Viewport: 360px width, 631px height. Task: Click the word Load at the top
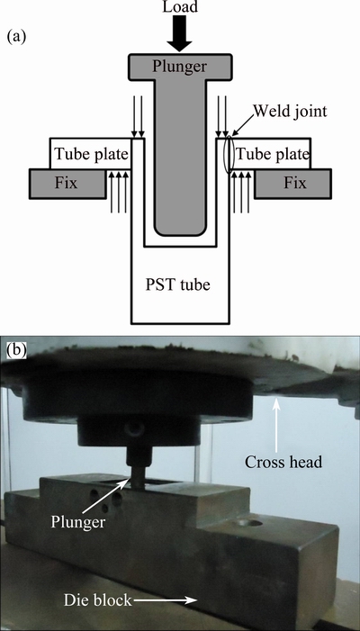pos(179,7)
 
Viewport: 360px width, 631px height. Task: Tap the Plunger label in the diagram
pos(179,66)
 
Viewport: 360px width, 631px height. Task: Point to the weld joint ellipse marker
pos(229,155)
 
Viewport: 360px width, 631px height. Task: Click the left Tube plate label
pos(91,154)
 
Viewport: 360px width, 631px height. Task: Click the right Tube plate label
pos(273,154)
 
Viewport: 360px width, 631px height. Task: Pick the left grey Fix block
pos(67,184)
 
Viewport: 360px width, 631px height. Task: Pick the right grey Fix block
pos(293,184)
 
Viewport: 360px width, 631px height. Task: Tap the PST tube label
pos(177,285)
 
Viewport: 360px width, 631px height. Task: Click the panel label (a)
pos(16,37)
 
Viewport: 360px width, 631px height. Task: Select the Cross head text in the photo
pos(283,462)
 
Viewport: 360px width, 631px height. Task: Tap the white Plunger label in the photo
pos(77,522)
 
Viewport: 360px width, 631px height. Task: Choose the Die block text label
pos(98,600)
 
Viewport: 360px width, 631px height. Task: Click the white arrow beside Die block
pos(166,600)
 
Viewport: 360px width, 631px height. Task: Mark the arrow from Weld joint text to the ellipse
pos(244,125)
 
